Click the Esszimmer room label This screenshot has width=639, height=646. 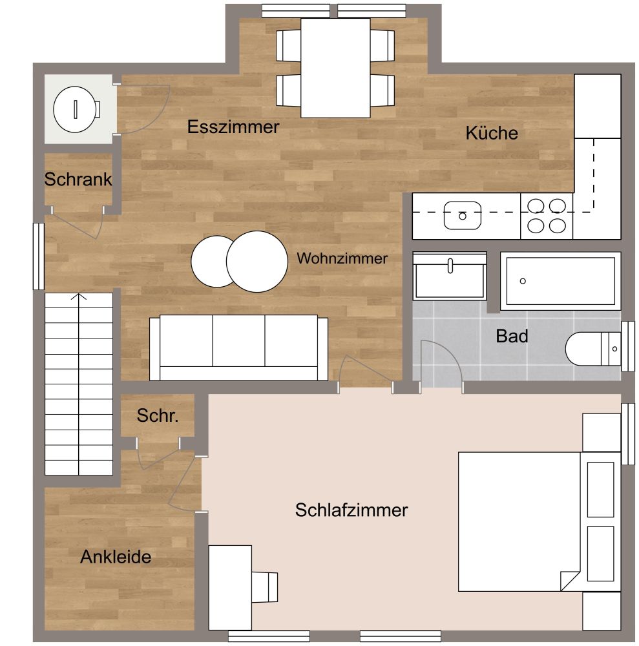click(233, 127)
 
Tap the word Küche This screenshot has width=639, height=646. click(492, 133)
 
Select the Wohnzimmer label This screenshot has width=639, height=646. click(342, 259)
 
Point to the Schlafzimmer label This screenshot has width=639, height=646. click(351, 510)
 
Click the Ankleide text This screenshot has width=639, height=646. click(116, 557)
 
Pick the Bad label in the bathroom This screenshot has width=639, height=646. click(512, 336)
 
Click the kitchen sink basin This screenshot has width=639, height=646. click(462, 215)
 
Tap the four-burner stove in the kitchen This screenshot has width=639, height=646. click(547, 216)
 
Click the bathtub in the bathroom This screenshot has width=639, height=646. click(560, 281)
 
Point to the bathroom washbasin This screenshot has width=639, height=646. click(450, 276)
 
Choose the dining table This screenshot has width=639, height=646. click(335, 68)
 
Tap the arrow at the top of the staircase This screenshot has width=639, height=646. click(79, 298)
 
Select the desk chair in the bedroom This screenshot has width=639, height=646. click(265, 587)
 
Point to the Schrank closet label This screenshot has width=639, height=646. click(78, 180)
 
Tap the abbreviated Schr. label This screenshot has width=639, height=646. click(157, 417)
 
